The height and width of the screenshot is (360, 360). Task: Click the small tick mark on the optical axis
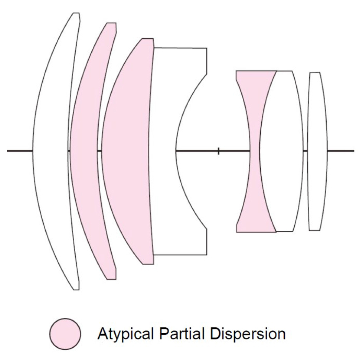coord(218,151)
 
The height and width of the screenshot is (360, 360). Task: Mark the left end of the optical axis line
coord(8,151)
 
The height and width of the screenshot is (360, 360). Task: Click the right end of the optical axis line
coord(353,151)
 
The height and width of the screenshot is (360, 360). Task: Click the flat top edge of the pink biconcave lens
coord(256,71)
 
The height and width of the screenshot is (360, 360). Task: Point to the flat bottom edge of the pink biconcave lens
coord(256,232)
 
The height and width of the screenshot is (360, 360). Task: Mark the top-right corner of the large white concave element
coord(206,49)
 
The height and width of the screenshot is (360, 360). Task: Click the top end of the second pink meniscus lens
coord(111,24)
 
